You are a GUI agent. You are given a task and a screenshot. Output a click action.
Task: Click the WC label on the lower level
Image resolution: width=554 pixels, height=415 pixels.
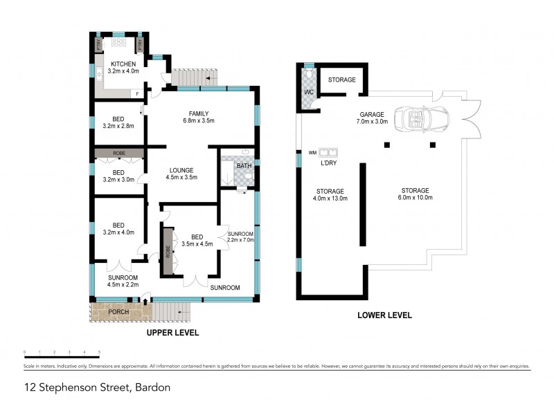click(x=308, y=91)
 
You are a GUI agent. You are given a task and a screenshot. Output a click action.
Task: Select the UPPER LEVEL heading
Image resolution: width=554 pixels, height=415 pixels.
click(x=172, y=333)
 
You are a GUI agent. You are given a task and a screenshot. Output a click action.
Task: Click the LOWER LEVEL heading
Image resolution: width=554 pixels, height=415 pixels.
click(x=384, y=315)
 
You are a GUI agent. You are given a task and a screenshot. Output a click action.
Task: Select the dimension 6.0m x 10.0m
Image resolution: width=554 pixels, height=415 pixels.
click(x=415, y=198)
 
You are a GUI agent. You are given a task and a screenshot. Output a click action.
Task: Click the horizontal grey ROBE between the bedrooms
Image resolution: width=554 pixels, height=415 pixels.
click(x=118, y=152)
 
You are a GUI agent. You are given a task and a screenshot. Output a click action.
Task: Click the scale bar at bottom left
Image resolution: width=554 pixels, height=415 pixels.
click(x=62, y=353)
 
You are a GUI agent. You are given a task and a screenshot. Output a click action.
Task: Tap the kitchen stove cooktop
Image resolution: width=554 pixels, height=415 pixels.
click(x=118, y=42)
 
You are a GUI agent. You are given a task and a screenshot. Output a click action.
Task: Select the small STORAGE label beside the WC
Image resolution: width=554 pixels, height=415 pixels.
click(x=341, y=80)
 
